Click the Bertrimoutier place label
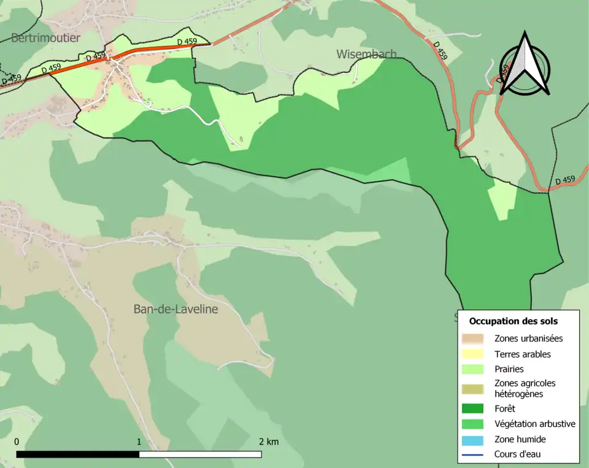tap(45, 38)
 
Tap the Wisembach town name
tap(366, 54)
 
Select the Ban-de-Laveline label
tap(175, 309)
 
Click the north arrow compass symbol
tap(524, 64)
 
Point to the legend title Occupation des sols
tap(513, 321)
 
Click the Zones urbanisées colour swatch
tap(472, 338)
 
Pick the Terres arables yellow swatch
tap(472, 354)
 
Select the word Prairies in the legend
tap(509, 369)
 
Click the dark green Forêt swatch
tap(472, 408)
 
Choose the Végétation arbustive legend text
tap(534, 423)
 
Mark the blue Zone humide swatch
tap(472, 439)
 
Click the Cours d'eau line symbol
tap(472, 455)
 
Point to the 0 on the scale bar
tap(17, 442)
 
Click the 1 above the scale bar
tap(139, 442)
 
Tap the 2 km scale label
tap(268, 442)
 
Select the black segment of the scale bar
tap(77, 455)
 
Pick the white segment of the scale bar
tap(200, 455)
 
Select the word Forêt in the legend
tap(505, 408)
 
